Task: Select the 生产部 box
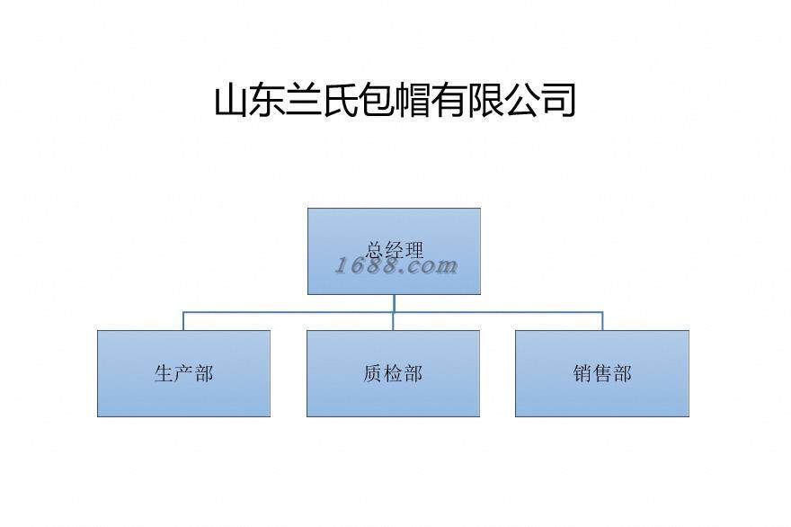(183, 373)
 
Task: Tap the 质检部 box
(393, 373)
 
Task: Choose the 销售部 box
(602, 373)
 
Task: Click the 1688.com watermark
(396, 266)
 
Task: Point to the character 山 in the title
(232, 101)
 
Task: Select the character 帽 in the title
(413, 101)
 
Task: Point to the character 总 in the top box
(375, 249)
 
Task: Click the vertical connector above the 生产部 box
(184, 321)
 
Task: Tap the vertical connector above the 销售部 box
(602, 321)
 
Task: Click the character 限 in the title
(486, 101)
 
